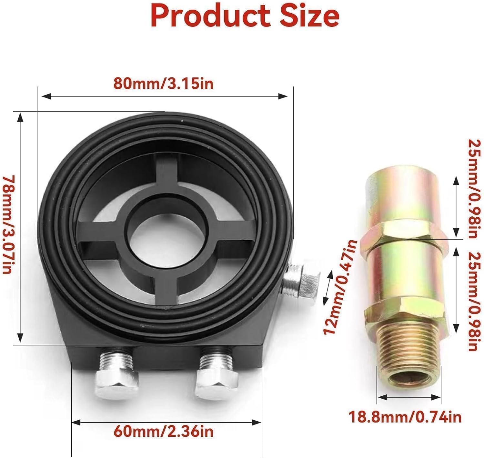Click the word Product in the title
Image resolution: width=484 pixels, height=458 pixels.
click(210, 16)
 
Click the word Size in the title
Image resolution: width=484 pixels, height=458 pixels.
click(309, 16)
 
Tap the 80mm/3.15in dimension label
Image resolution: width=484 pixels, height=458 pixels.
click(163, 84)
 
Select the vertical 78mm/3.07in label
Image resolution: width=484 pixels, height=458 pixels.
click(8, 224)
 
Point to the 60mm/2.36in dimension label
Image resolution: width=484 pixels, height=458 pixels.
click(163, 431)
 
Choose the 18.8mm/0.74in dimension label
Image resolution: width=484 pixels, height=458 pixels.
click(405, 417)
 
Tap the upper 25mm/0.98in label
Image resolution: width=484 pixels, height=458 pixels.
click(473, 189)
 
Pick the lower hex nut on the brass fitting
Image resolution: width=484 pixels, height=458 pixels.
click(406, 311)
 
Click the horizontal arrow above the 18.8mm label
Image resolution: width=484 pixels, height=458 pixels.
click(409, 397)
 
